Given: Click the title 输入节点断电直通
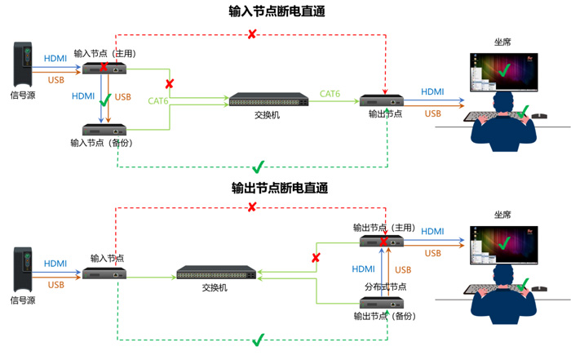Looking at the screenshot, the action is (277, 11).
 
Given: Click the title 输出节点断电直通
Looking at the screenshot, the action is (280, 188).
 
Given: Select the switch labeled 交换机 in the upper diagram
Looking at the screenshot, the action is (268, 100).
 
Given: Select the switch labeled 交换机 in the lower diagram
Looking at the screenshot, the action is (216, 272).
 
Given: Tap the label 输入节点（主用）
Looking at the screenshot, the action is (105, 54).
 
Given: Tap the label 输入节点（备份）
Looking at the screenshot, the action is (102, 143).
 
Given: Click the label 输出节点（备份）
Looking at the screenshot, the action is (384, 316).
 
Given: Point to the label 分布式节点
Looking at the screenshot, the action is (385, 287).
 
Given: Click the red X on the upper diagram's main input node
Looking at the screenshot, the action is (104, 67).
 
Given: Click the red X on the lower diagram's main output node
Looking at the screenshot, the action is (383, 242).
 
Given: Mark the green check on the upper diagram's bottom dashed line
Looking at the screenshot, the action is (259, 167).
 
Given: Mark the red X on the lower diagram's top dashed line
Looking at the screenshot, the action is (251, 207).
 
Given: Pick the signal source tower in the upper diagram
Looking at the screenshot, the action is (23, 64).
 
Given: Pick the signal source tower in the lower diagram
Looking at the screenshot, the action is (23, 269).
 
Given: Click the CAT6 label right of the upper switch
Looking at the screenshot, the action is (330, 94).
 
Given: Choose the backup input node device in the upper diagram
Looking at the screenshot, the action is (104, 130).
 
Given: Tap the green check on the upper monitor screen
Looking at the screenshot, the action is (504, 70).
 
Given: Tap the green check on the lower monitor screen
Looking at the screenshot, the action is (504, 242).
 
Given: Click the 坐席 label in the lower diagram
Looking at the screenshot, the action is (502, 215).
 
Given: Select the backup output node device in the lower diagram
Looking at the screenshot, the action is (382, 303).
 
